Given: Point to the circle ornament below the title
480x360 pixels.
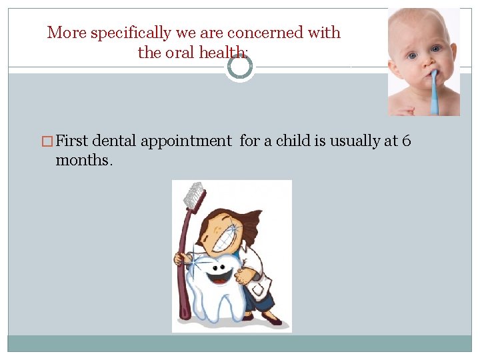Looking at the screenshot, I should coord(239,67).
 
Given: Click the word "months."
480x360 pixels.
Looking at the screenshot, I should coord(84,160).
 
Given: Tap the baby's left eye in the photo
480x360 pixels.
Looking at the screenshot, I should coord(435,49).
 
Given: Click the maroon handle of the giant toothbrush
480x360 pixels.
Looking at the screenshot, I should coord(183,267).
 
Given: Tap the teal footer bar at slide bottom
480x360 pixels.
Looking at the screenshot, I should coord(240,343).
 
